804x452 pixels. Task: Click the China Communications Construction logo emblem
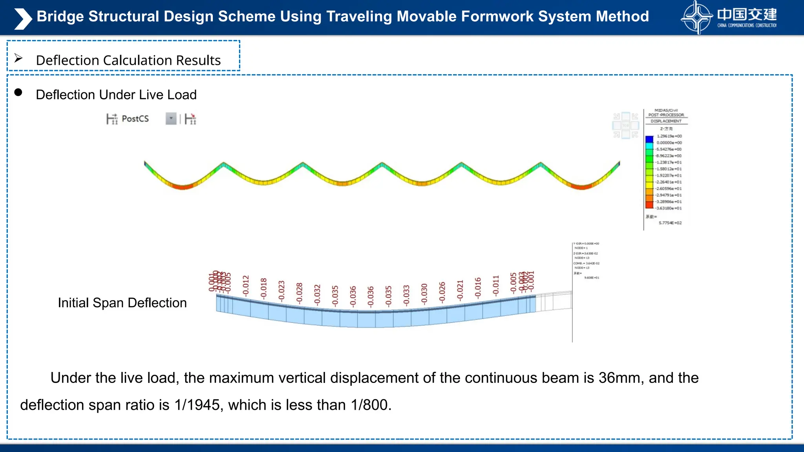pos(697,18)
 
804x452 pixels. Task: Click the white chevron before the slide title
pos(23,18)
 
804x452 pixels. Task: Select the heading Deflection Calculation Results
pos(128,60)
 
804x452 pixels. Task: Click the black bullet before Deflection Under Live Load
pos(18,93)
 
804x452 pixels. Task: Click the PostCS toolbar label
pos(135,118)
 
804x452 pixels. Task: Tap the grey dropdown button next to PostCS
pos(171,118)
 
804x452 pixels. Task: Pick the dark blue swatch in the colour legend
pos(649,139)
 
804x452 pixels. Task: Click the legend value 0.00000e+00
pos(669,143)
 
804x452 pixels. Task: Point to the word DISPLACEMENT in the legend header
pos(666,121)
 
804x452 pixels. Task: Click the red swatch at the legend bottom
pos(649,205)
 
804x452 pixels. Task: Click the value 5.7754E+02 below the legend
pos(670,223)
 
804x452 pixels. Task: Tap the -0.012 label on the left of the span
pos(246,286)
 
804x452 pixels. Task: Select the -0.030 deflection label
pos(424,293)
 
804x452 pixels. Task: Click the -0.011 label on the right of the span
pos(495,286)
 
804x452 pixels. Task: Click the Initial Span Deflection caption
pos(122,303)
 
